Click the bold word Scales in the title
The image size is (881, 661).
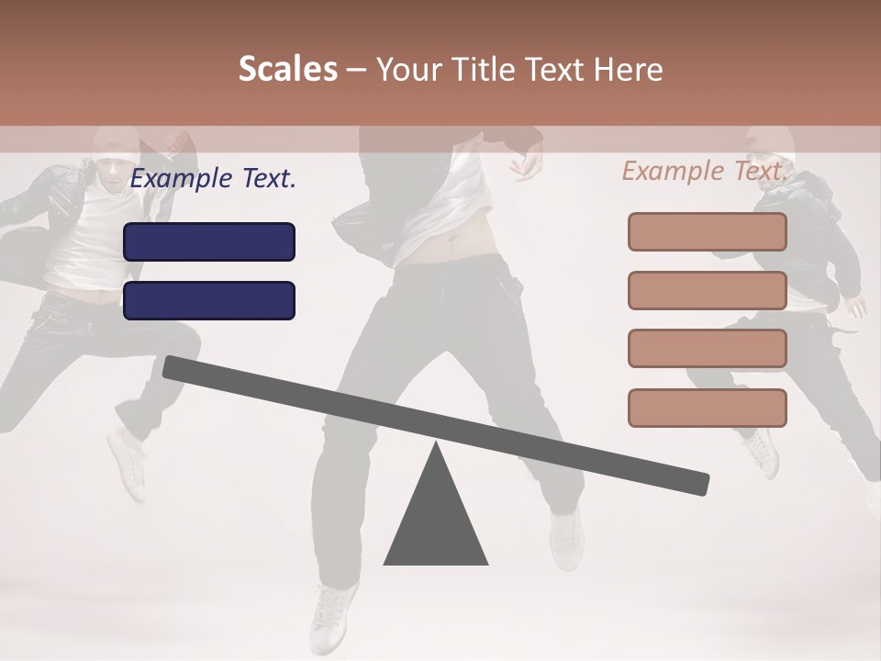click(x=288, y=70)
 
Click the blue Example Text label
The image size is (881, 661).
click(x=213, y=179)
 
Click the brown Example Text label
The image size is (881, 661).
click(x=704, y=171)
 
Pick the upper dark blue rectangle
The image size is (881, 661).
click(x=209, y=241)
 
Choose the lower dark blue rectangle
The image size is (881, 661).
click(x=209, y=300)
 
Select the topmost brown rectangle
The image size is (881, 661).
click(x=707, y=231)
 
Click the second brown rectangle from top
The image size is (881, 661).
click(x=707, y=290)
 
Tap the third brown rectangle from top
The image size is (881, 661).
click(x=707, y=348)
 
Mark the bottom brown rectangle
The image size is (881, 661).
click(x=707, y=408)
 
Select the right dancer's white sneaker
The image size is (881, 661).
click(x=761, y=452)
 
